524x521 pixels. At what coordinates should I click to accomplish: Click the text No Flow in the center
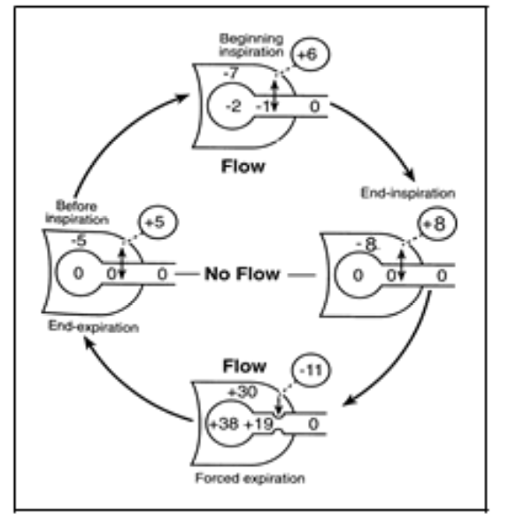click(243, 274)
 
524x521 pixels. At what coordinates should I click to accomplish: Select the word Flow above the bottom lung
click(243, 366)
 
